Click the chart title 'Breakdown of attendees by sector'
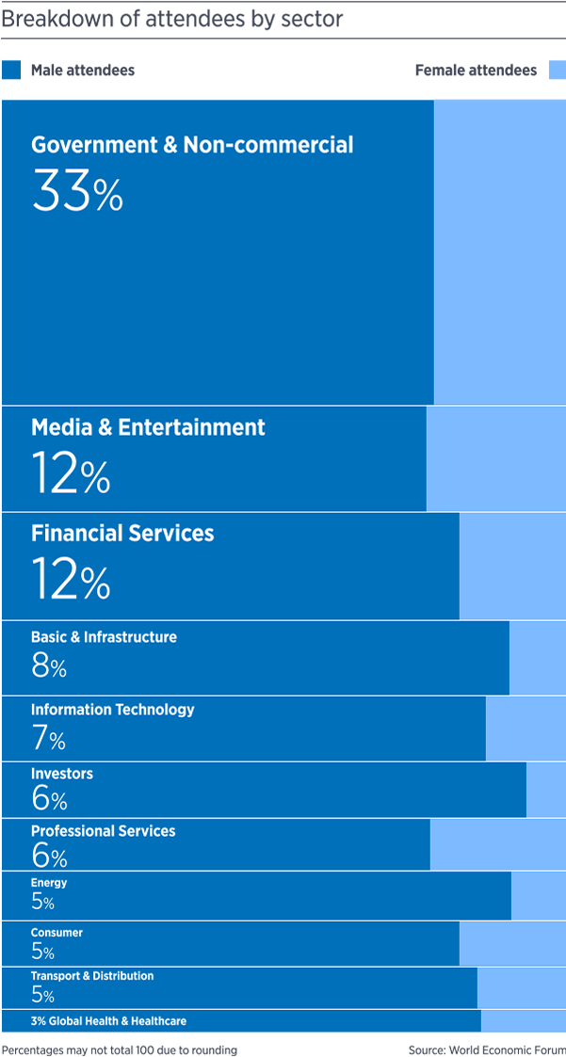[x=171, y=18]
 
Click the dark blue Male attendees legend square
[x=12, y=71]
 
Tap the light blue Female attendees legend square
[x=557, y=71]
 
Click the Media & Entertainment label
[x=148, y=427]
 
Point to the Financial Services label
[x=122, y=534]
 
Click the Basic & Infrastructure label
[x=104, y=637]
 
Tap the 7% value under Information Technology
[x=48, y=738]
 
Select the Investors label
[x=62, y=774]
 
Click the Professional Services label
[x=103, y=831]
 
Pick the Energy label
[x=49, y=883]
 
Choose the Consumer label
[x=57, y=933]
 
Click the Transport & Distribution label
[x=92, y=976]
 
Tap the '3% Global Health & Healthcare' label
[x=108, y=1021]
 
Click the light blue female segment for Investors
[x=546, y=790]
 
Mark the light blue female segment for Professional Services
[x=498, y=844]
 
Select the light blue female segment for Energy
[x=539, y=895]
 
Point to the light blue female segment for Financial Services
[x=512, y=566]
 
